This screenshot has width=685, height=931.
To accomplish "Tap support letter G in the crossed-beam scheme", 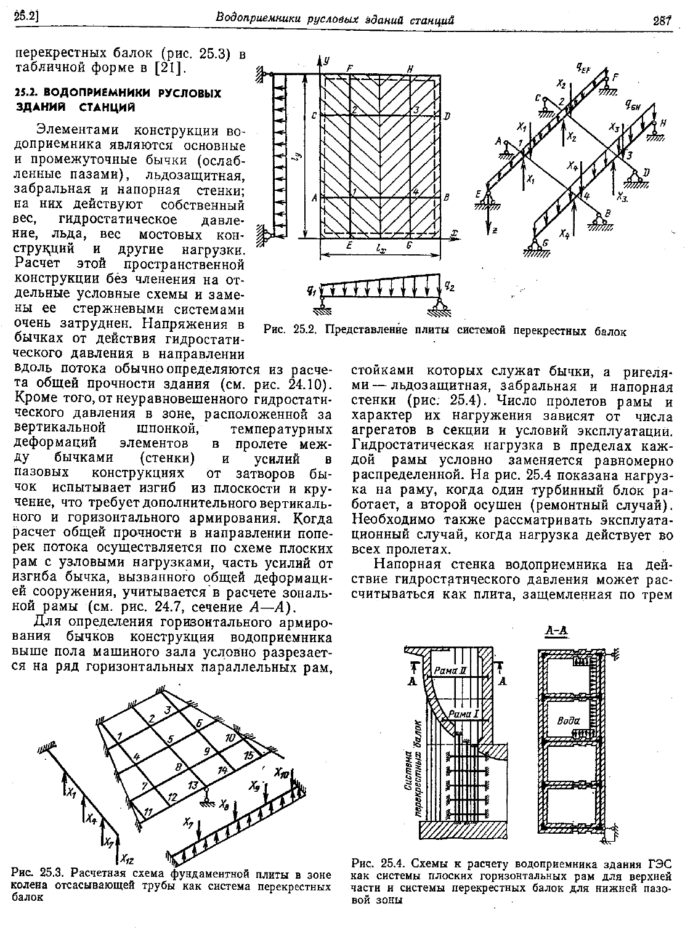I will pos(536,241).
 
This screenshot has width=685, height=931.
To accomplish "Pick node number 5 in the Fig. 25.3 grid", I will pos(171,737).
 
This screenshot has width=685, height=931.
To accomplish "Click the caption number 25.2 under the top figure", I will pos(305,331).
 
